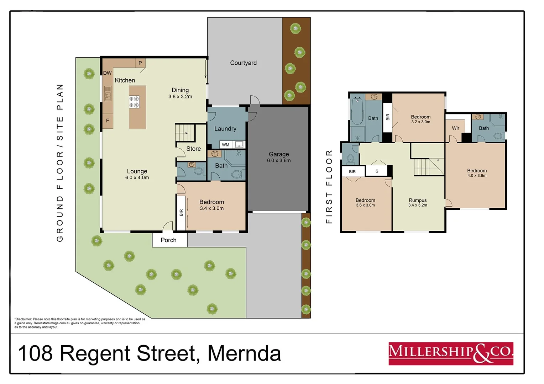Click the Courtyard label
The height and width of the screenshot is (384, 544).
click(243, 63)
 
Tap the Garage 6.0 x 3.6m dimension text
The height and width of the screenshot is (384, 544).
click(279, 161)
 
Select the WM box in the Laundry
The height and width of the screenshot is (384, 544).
click(226, 145)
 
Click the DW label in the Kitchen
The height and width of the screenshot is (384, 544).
click(108, 73)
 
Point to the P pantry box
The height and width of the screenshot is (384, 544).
click(140, 63)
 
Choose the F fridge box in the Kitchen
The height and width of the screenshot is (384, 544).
click(108, 121)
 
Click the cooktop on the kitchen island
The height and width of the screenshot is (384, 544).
click(134, 102)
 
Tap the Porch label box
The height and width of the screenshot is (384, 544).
click(169, 240)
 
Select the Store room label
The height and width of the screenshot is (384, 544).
click(193, 149)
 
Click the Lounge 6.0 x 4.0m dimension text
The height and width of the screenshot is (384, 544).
click(137, 178)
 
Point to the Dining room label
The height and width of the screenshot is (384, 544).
click(180, 90)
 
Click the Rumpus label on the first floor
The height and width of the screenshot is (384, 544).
click(418, 200)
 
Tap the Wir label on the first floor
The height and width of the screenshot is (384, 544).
click(456, 128)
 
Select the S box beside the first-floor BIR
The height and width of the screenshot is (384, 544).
click(377, 171)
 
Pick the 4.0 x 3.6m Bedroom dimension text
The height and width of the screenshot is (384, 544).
click(477, 176)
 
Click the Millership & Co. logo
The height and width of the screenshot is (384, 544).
click(451, 353)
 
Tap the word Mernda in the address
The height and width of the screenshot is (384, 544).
click(244, 353)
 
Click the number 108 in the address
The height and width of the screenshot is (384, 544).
click(35, 353)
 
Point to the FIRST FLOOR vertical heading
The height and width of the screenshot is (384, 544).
click(329, 187)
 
